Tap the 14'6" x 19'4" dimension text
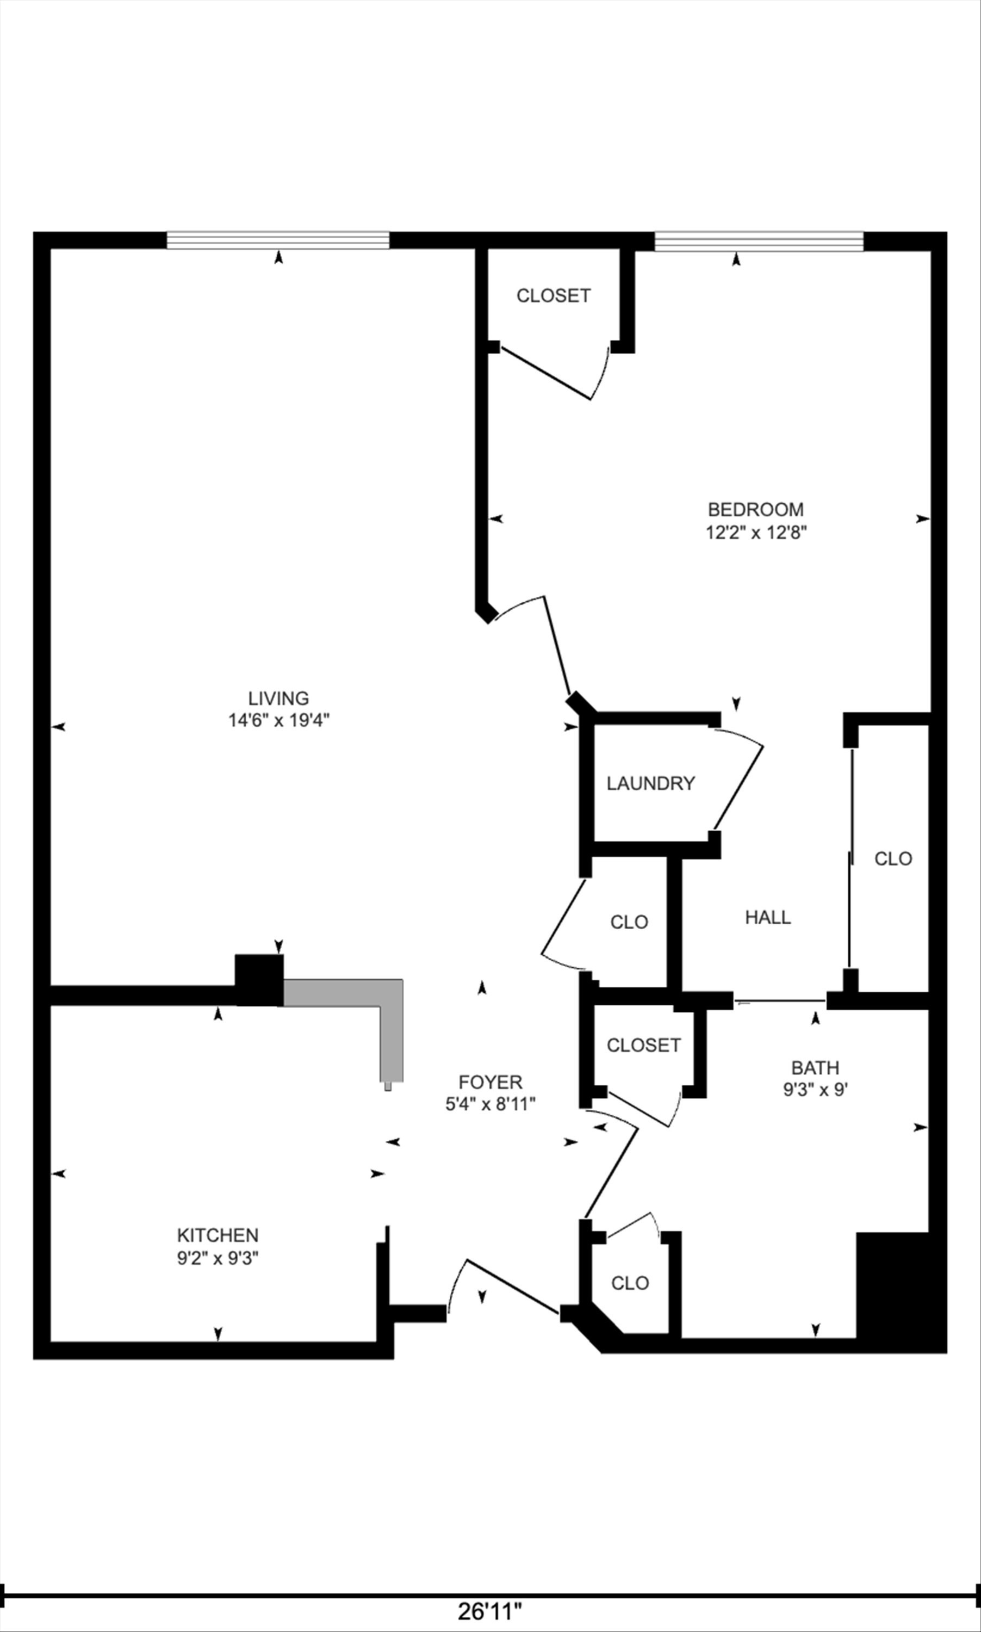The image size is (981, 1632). (x=279, y=720)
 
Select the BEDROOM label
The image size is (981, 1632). (x=755, y=509)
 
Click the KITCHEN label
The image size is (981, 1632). (x=218, y=1235)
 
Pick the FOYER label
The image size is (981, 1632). (x=490, y=1082)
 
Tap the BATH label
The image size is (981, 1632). (x=815, y=1067)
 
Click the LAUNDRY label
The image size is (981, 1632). (x=651, y=783)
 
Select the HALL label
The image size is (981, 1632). (x=767, y=917)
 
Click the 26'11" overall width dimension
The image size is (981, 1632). (x=490, y=1612)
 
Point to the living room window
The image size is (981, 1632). (x=278, y=240)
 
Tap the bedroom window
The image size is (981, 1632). (x=759, y=240)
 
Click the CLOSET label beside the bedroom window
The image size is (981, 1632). (x=553, y=295)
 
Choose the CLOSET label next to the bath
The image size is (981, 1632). (x=643, y=1045)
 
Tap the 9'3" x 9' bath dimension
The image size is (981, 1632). (x=815, y=1089)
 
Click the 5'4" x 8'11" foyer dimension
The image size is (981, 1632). (x=490, y=1104)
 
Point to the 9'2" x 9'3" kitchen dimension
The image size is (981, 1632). (x=218, y=1258)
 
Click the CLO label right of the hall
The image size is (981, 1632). (x=893, y=858)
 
